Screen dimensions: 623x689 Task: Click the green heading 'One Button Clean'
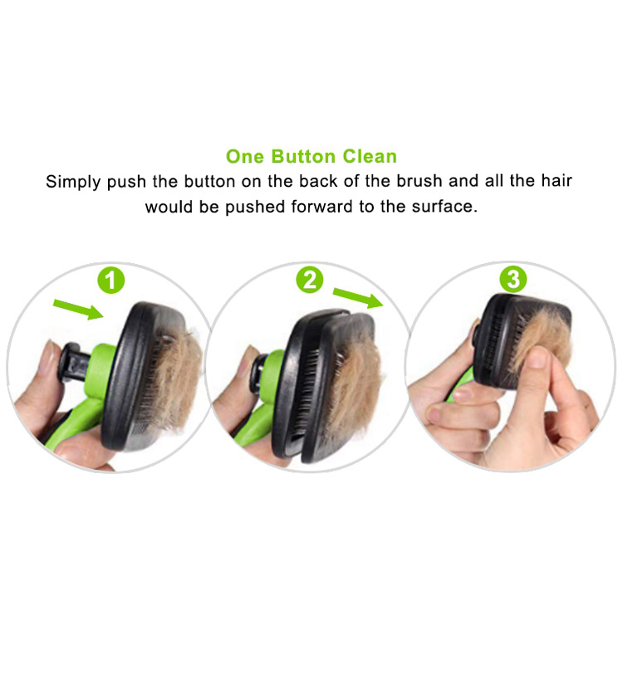(x=311, y=156)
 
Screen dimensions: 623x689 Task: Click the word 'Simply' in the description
(x=73, y=182)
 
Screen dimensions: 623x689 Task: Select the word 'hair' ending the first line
(x=557, y=180)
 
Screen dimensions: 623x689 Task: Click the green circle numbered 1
(x=111, y=280)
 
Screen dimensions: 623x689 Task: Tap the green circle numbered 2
(x=310, y=280)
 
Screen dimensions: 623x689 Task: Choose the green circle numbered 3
(x=513, y=279)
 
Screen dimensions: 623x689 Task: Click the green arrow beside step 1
(x=78, y=309)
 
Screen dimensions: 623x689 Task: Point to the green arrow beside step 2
(x=358, y=297)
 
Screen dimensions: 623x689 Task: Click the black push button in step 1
(x=74, y=364)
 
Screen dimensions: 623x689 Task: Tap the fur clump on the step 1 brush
(x=178, y=378)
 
